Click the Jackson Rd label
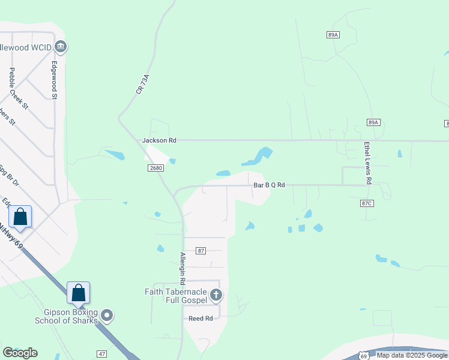[x=159, y=140]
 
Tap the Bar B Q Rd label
[x=268, y=185]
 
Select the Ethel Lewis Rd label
[x=367, y=163]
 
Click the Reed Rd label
[x=200, y=318]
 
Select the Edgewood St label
[x=54, y=80]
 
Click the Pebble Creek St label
[x=19, y=88]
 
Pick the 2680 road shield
[x=155, y=168]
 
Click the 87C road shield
[x=367, y=204]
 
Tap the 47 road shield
[x=101, y=355]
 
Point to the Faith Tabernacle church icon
[x=216, y=295]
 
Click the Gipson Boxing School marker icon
[x=107, y=314]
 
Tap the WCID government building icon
[x=61, y=46]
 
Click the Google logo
[x=20, y=353]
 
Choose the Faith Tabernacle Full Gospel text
[x=175, y=296]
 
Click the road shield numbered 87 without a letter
[x=201, y=250]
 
